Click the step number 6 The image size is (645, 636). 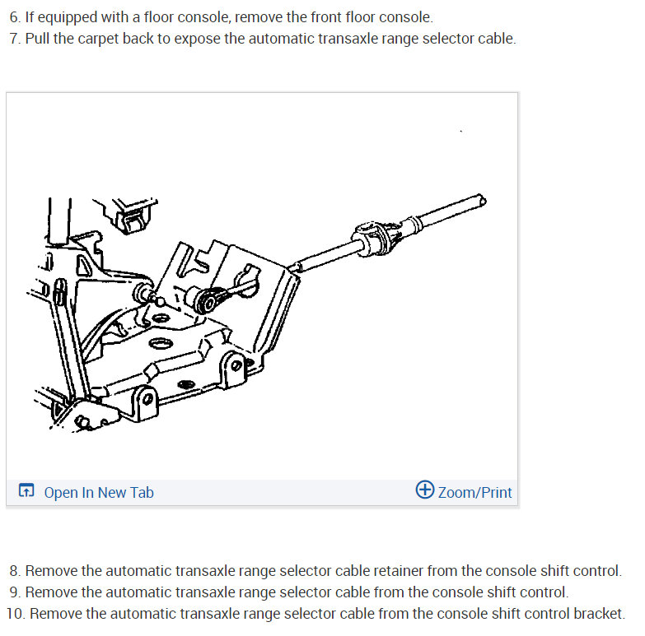point(15,17)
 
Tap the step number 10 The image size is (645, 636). point(16,614)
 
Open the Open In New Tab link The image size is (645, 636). point(99,492)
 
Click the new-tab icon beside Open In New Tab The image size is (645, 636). point(26,490)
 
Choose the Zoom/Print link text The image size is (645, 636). point(474,492)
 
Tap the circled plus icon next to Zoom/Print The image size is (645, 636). point(424,490)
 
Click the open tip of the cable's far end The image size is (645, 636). point(482,201)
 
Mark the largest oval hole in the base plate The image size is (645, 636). point(161,343)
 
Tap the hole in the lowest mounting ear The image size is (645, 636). point(147,398)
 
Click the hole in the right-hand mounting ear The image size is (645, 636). point(236,365)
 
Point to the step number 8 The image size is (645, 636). point(15,571)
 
